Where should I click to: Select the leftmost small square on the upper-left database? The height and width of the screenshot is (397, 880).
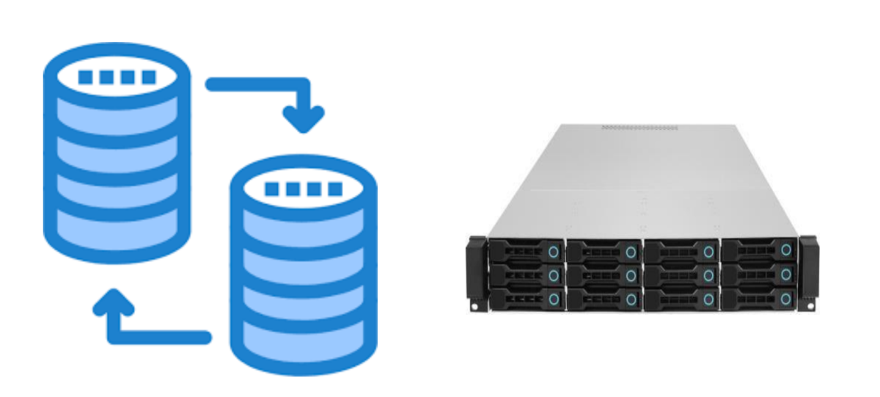click(86, 77)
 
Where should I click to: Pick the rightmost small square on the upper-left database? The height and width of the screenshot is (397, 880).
click(149, 77)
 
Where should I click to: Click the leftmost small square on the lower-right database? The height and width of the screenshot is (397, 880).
click(271, 189)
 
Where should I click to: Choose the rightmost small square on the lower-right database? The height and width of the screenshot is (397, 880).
click(334, 189)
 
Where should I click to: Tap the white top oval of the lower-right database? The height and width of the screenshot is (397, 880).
click(303, 188)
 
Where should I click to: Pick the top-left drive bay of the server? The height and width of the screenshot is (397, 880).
click(527, 251)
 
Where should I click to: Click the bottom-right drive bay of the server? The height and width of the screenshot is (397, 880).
click(758, 298)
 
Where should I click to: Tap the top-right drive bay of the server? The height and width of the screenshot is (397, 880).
click(758, 251)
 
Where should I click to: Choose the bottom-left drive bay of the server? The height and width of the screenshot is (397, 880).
click(527, 298)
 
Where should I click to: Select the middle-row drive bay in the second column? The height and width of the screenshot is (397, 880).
click(604, 275)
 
